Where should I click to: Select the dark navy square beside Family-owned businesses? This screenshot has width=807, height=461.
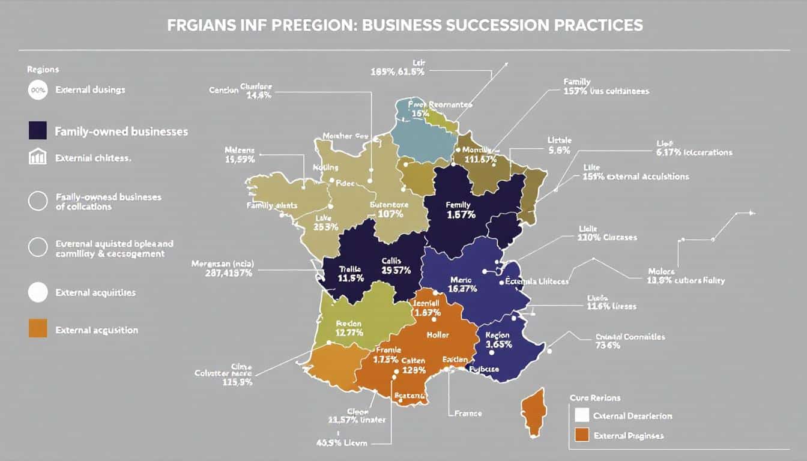pyautogui.click(x=37, y=130)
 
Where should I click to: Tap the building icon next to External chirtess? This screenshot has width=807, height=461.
pyautogui.click(x=37, y=157)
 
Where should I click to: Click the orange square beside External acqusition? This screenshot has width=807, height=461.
pyautogui.click(x=37, y=329)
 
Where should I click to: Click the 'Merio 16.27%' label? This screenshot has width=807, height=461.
pyautogui.click(x=462, y=284)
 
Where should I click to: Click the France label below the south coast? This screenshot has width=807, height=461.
pyautogui.click(x=468, y=413)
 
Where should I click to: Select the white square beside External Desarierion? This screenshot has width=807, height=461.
pyautogui.click(x=582, y=415)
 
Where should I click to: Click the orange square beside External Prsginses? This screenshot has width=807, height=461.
pyautogui.click(x=582, y=435)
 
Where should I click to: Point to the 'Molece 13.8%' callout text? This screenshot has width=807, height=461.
pyautogui.click(x=686, y=276)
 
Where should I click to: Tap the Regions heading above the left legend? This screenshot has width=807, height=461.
pyautogui.click(x=43, y=70)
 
